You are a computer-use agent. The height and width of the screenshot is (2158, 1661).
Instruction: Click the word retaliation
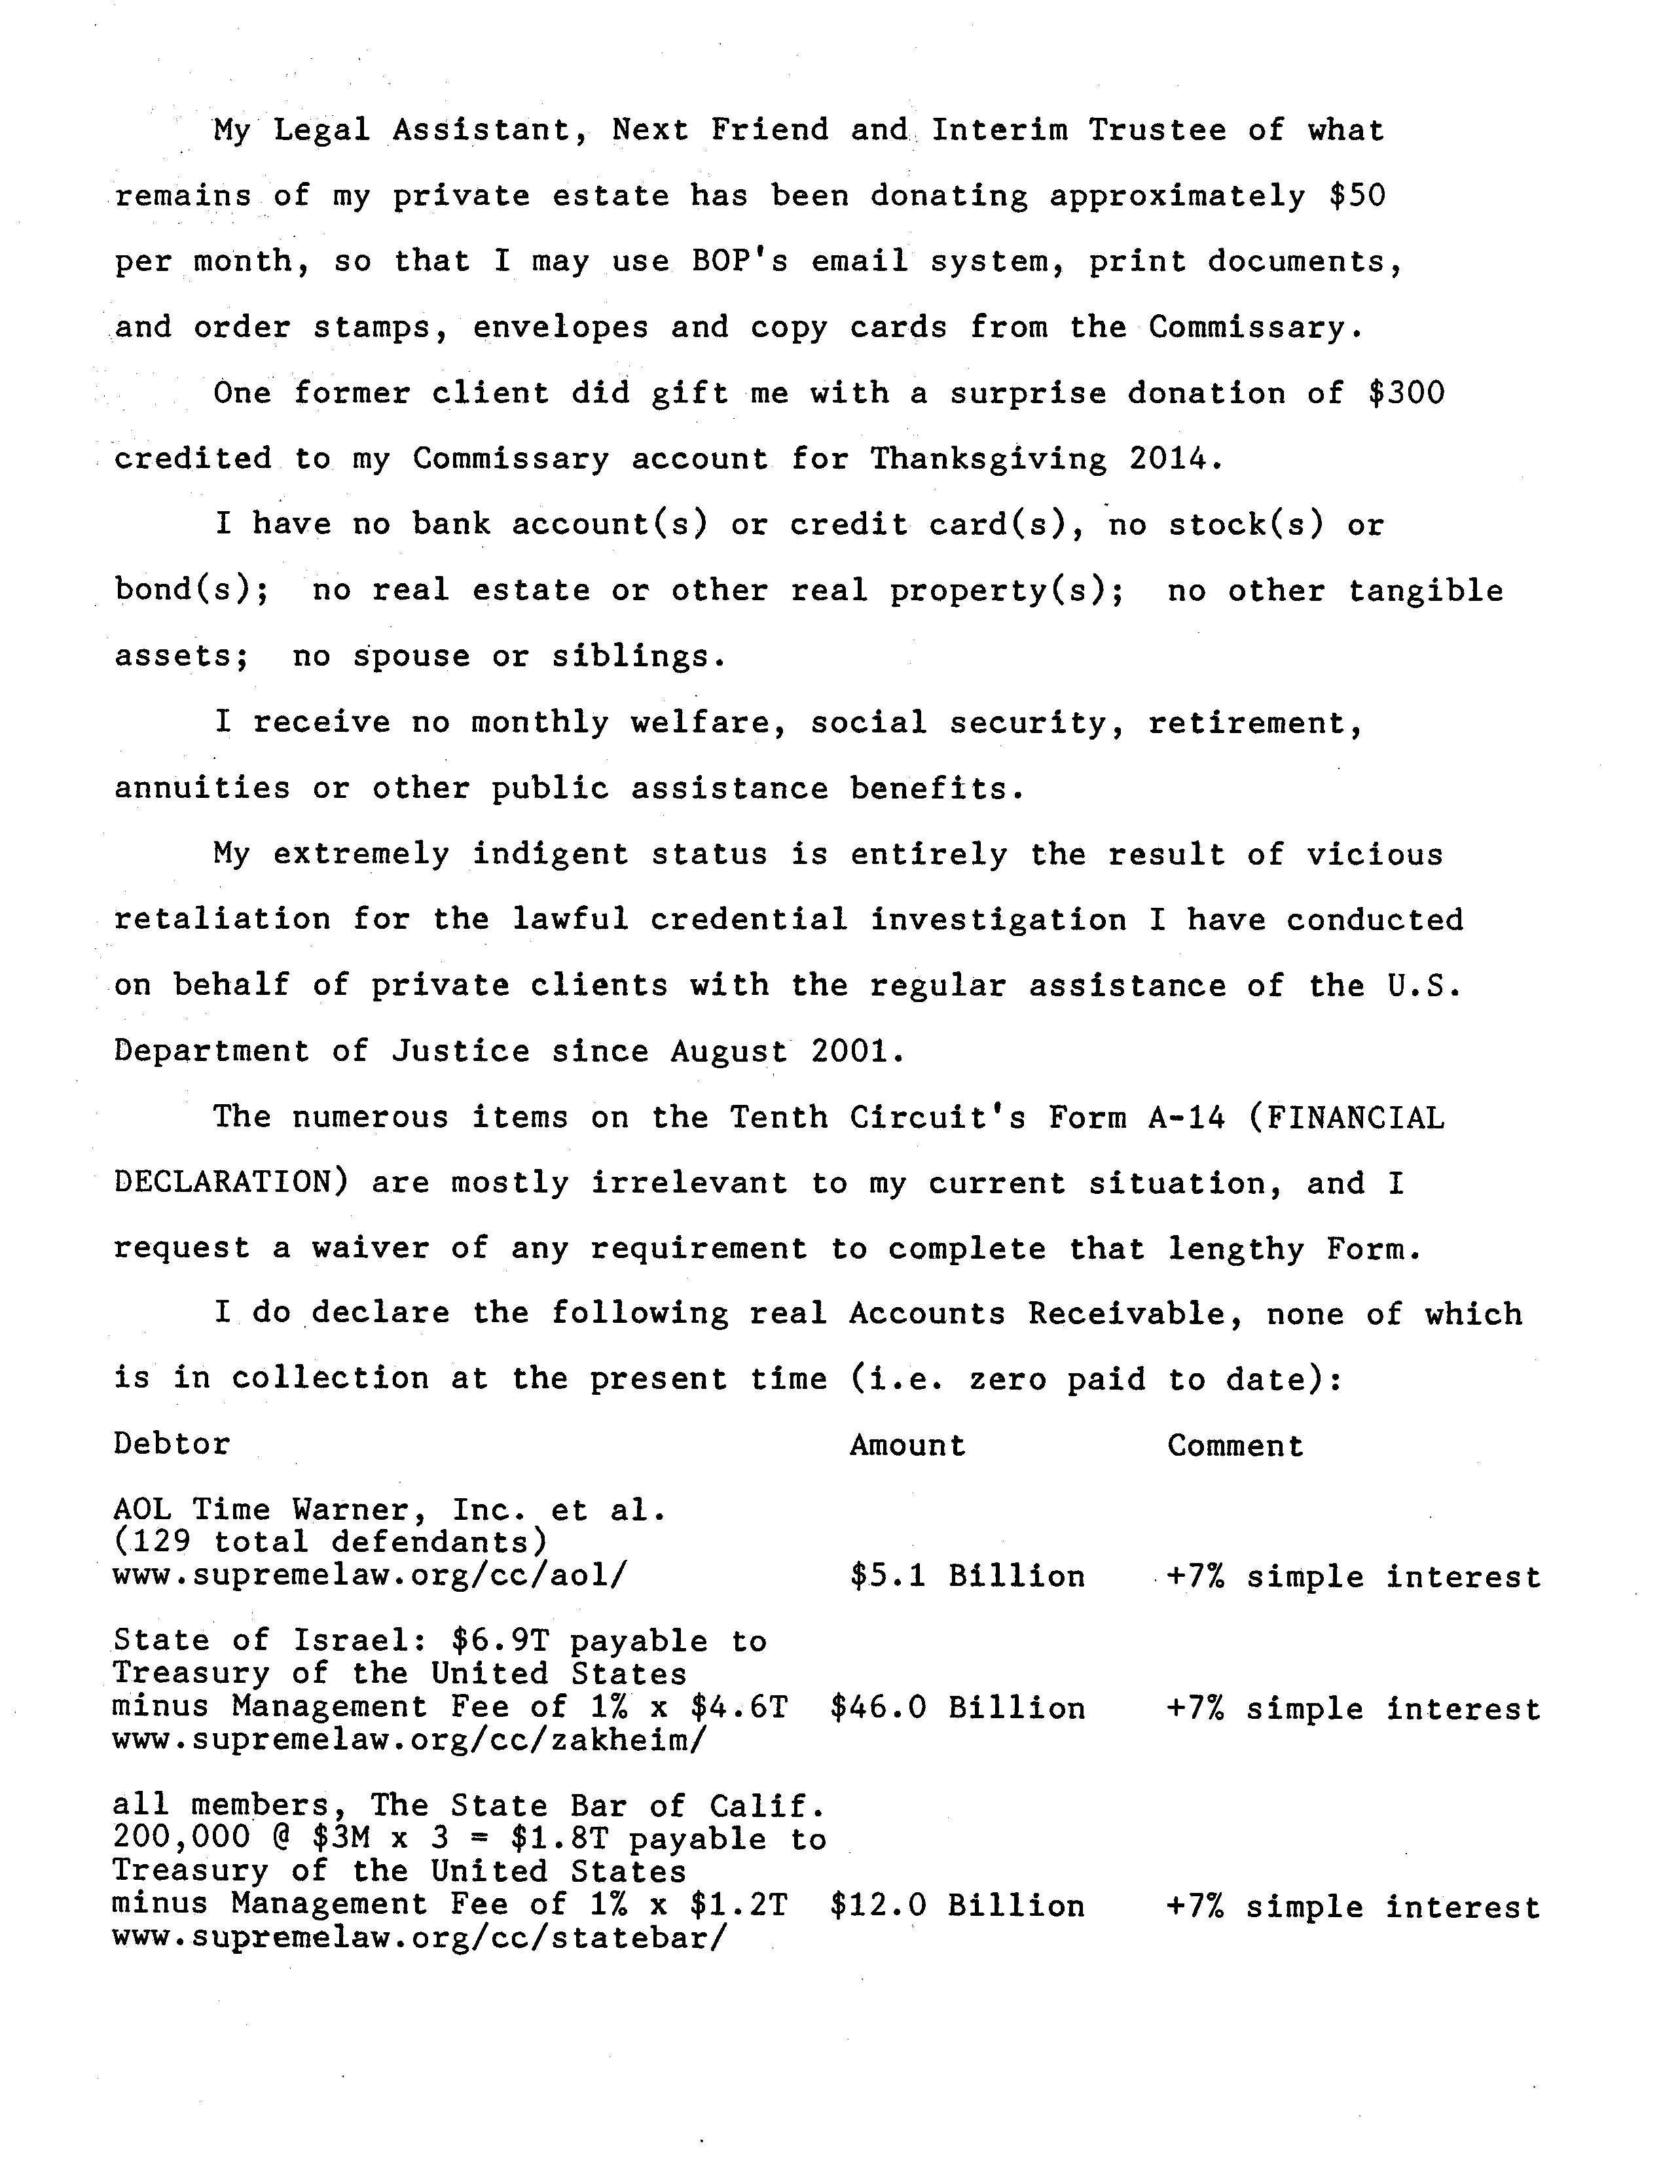click(223, 920)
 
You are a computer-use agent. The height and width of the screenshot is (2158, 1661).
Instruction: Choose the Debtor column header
click(172, 1444)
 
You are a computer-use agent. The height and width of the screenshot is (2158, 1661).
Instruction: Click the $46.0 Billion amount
click(957, 1708)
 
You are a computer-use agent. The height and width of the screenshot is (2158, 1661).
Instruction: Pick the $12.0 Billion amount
click(957, 1906)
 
